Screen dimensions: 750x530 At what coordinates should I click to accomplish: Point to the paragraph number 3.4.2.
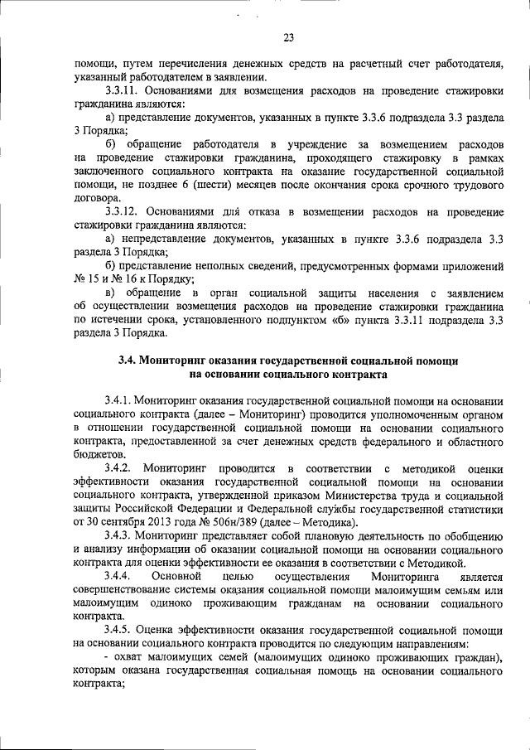click(x=121, y=467)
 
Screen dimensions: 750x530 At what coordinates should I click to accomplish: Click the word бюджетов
click(x=99, y=454)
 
